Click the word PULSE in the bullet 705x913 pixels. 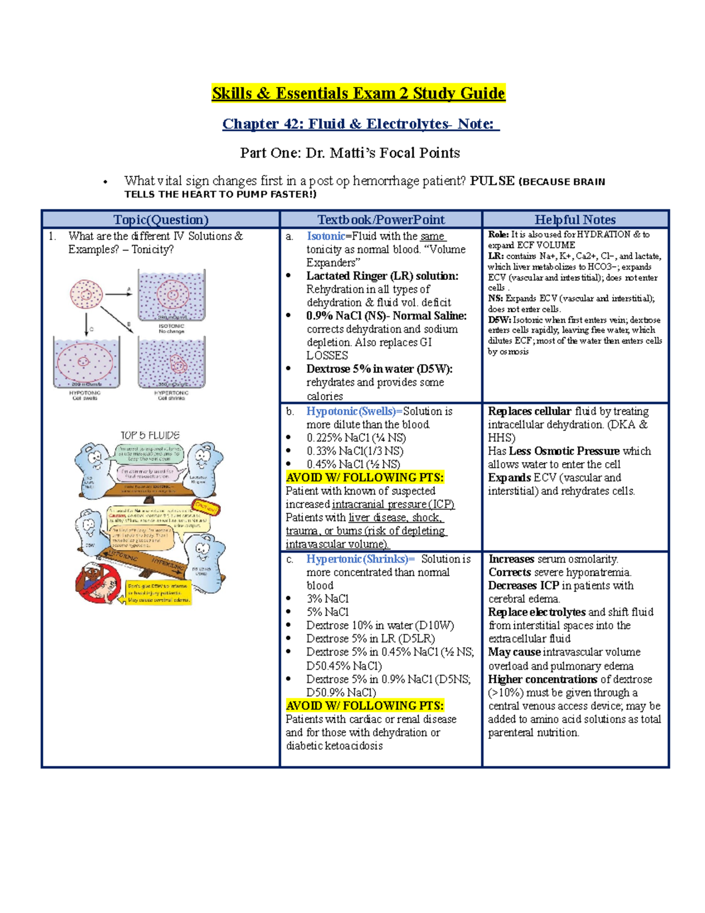point(492,181)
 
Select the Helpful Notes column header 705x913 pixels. point(575,220)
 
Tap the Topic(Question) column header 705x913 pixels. point(160,220)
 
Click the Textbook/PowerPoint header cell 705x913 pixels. point(381,220)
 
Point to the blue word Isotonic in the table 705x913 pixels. point(325,236)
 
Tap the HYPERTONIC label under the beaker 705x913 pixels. point(171,393)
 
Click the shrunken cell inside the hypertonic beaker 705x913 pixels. point(178,364)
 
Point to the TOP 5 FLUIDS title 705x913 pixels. point(150,436)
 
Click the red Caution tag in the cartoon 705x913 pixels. point(206,506)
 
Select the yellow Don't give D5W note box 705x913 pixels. point(159,593)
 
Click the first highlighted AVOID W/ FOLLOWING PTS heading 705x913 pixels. point(365,477)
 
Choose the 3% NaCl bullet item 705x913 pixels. point(327,598)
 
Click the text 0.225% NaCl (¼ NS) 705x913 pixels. point(356,438)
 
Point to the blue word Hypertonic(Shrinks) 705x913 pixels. point(360,559)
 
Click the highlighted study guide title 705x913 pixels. point(358,93)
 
